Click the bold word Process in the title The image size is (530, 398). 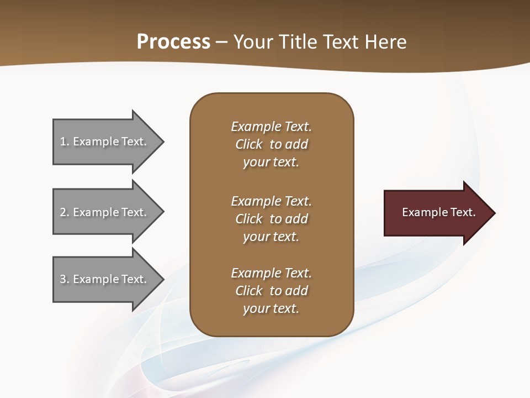pyautogui.click(x=173, y=42)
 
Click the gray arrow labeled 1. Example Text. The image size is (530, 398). pyautogui.click(x=105, y=142)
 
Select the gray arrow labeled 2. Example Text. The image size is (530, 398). pyautogui.click(x=105, y=212)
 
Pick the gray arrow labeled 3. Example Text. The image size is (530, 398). pyautogui.click(x=105, y=279)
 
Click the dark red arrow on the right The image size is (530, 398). pyautogui.click(x=436, y=213)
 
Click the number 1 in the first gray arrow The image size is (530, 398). pyautogui.click(x=63, y=142)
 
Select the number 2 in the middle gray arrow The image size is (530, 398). pyautogui.click(x=63, y=212)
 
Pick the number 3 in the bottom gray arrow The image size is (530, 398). pyautogui.click(x=63, y=279)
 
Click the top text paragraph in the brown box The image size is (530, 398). pyautogui.click(x=271, y=144)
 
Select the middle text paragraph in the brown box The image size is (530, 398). pyautogui.click(x=271, y=219)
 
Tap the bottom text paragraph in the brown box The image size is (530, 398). pyautogui.click(x=271, y=291)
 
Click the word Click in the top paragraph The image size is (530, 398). pyautogui.click(x=249, y=144)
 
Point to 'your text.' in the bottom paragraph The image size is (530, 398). pyautogui.click(x=271, y=308)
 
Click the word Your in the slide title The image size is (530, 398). pyautogui.click(x=253, y=42)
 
